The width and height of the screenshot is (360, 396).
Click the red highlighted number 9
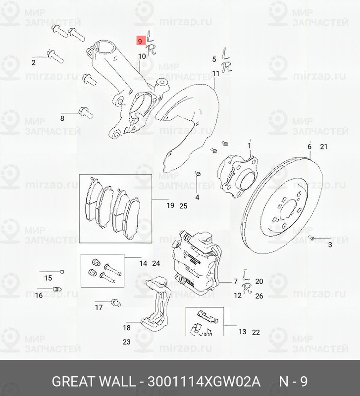pyautogui.click(x=141, y=41)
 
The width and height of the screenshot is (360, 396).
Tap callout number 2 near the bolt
pyautogui.click(x=34, y=63)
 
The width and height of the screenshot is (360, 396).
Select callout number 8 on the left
pyautogui.click(x=62, y=118)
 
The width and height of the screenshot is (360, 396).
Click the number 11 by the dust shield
pyautogui.click(x=215, y=74)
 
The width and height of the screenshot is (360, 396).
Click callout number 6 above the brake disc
pyautogui.click(x=309, y=147)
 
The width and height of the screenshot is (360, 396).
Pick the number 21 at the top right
pyautogui.click(x=324, y=147)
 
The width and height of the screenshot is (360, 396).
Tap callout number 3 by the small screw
pyautogui.click(x=329, y=245)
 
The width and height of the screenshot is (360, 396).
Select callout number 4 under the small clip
pyautogui.click(x=197, y=198)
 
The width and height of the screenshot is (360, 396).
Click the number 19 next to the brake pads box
pyautogui.click(x=170, y=205)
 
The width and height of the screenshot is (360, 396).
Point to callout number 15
pyautogui.click(x=48, y=278)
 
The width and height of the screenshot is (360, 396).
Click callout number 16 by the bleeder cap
pyautogui.click(x=39, y=296)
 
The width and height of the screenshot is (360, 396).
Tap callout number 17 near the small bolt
pyautogui.click(x=99, y=307)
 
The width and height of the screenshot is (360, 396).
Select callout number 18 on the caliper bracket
pyautogui.click(x=127, y=327)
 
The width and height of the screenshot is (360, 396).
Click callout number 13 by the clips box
pyautogui.click(x=242, y=332)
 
